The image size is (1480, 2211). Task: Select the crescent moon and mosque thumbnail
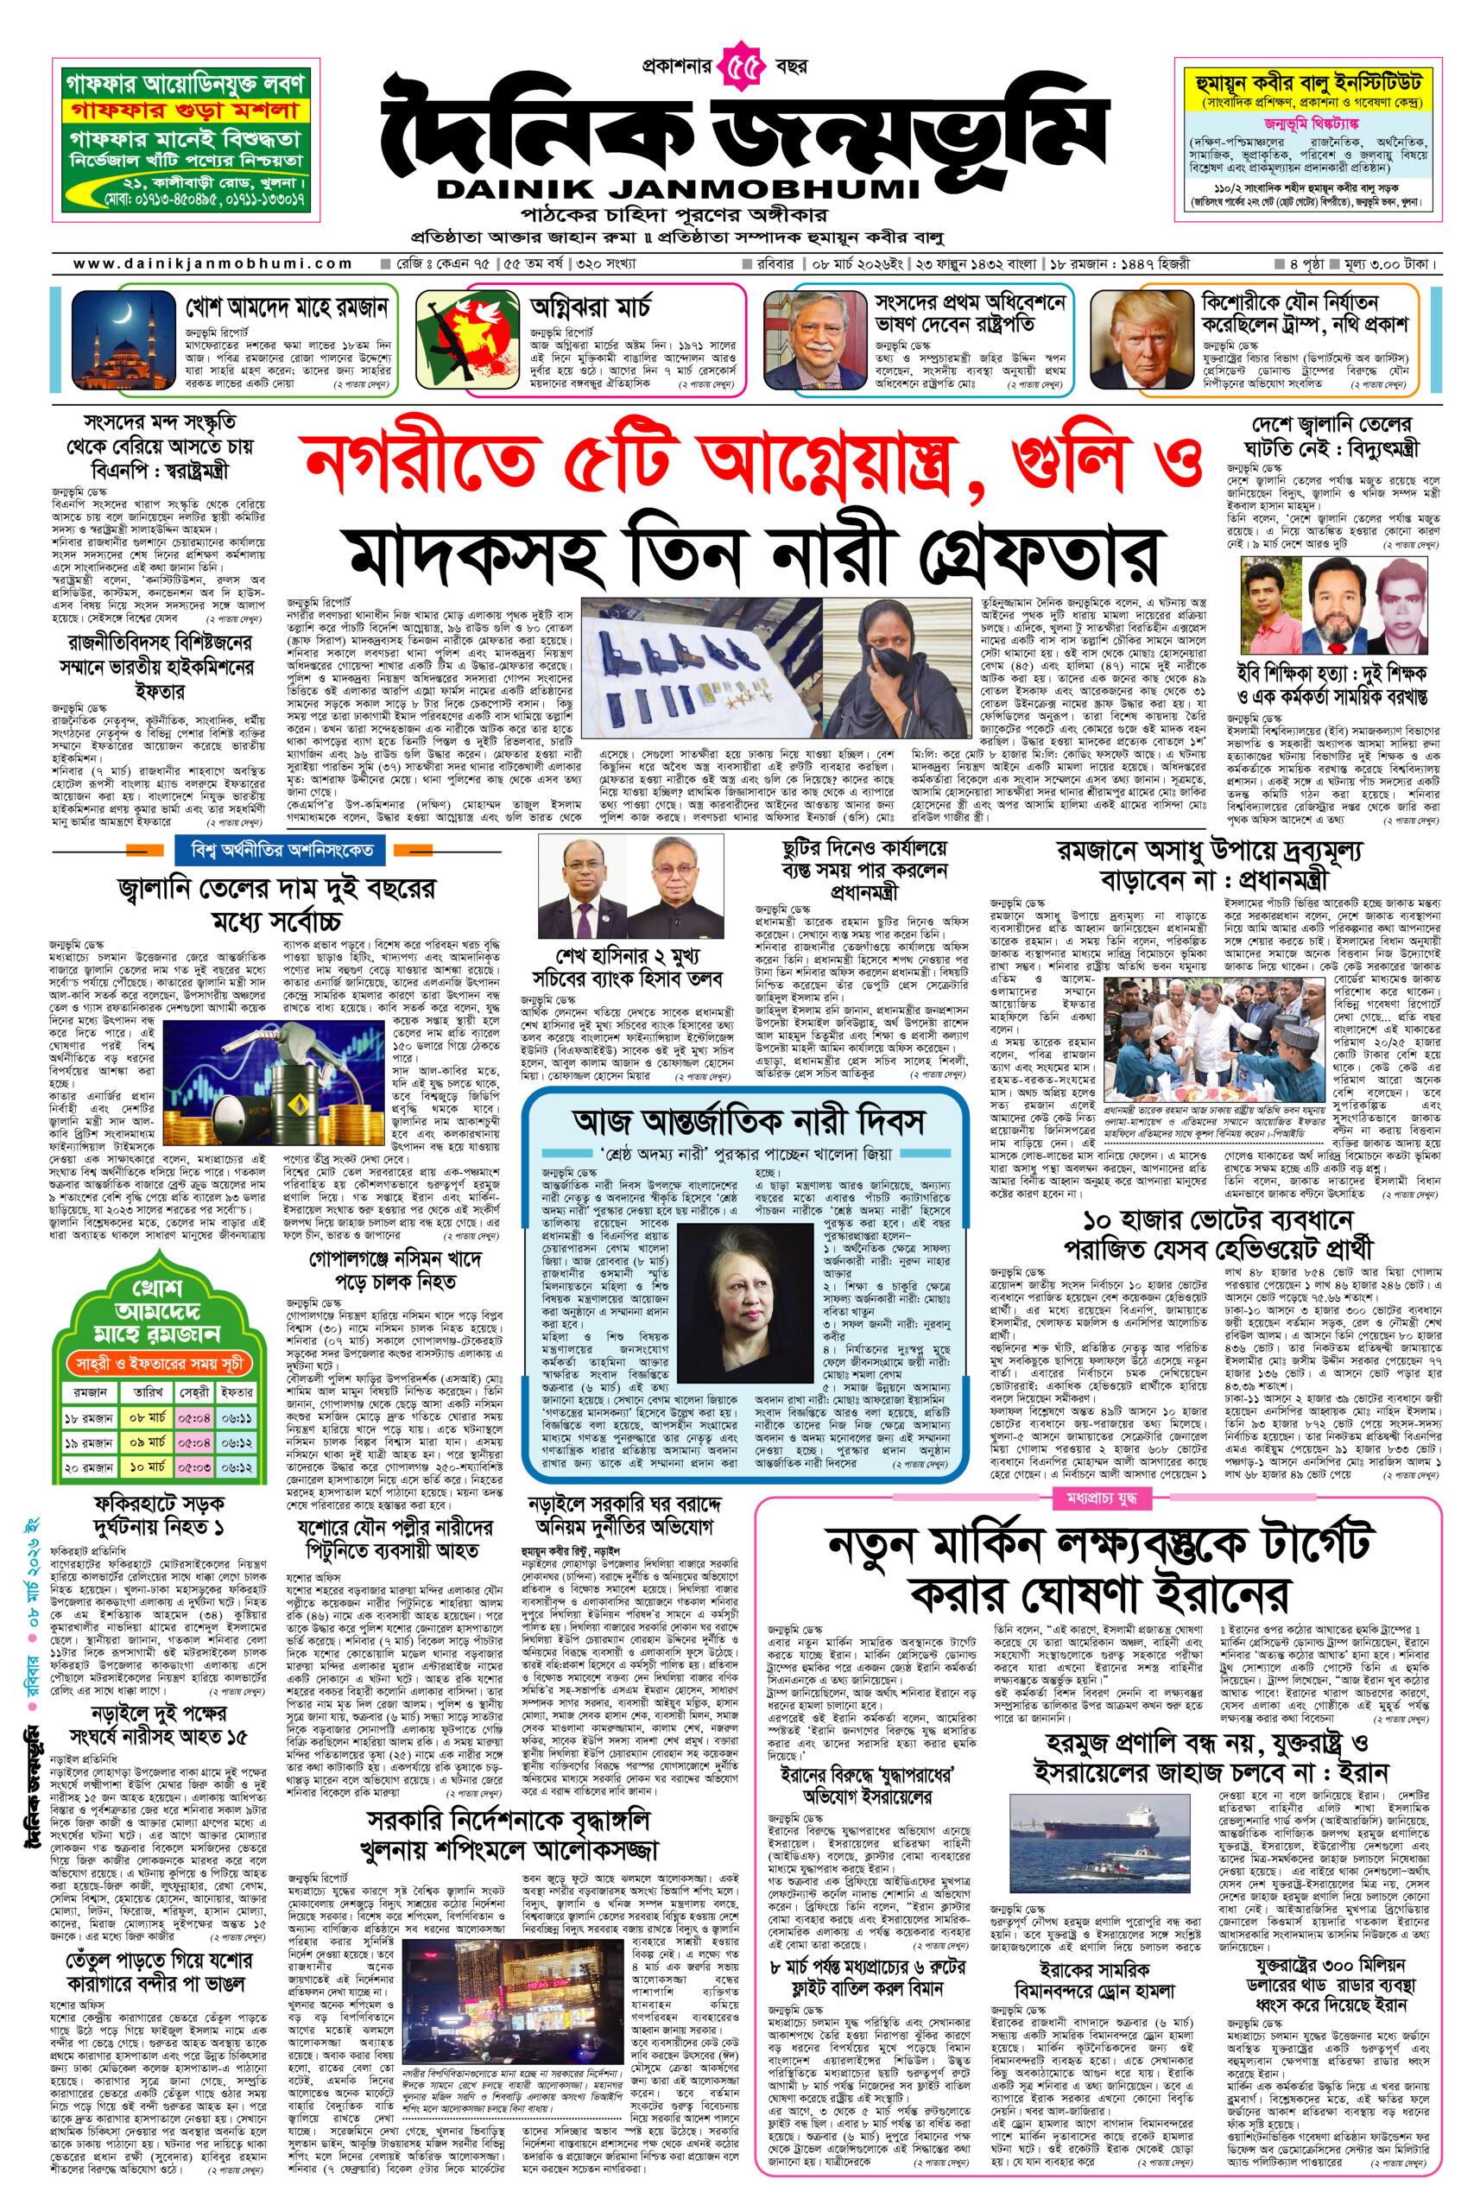pos(125,339)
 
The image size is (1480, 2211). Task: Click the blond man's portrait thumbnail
pos(1142,339)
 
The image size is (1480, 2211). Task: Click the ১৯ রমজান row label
pos(90,1443)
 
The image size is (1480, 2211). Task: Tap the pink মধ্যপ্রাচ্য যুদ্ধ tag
pos(1101,1498)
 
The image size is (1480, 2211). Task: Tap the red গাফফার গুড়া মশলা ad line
pos(185,111)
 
